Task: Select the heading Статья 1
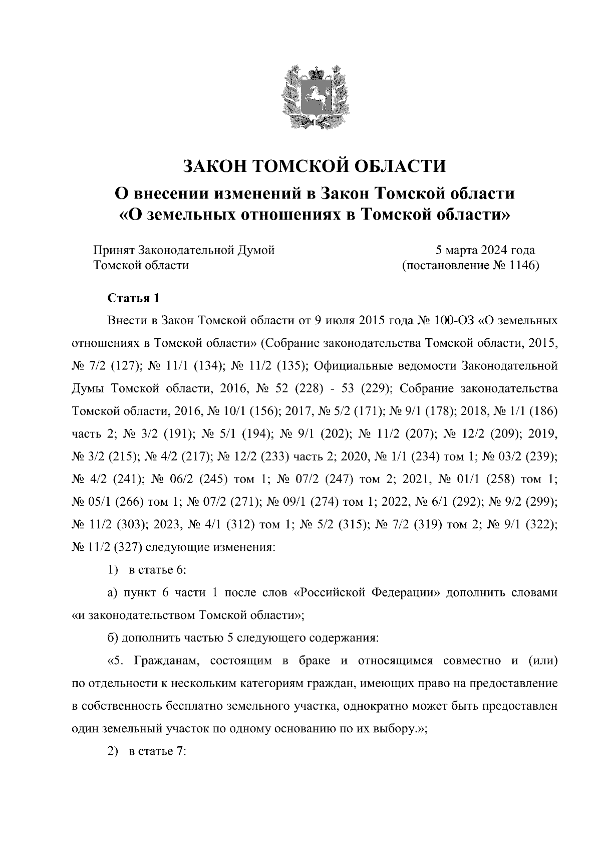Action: click(133, 298)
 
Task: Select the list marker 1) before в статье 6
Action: click(113, 570)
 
